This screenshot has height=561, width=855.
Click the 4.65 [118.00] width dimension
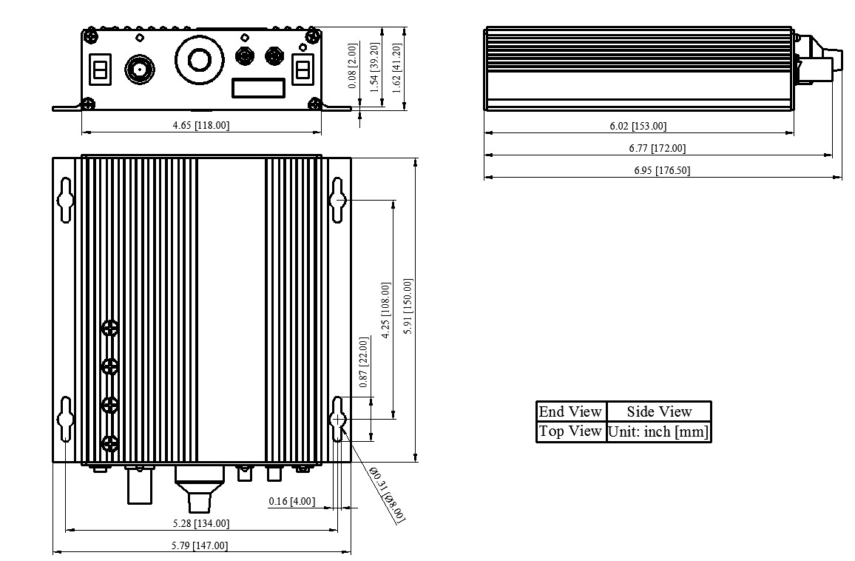pyautogui.click(x=200, y=125)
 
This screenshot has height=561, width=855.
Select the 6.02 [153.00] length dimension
pyautogui.click(x=638, y=126)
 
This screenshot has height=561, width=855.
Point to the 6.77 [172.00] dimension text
pyautogui.click(x=657, y=148)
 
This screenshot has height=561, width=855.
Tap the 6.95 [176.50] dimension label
pyautogui.click(x=662, y=170)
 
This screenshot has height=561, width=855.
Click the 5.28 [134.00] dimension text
pyautogui.click(x=200, y=523)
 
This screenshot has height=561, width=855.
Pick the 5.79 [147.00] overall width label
pyautogui.click(x=200, y=545)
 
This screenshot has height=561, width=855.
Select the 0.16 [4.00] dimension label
pyautogui.click(x=291, y=501)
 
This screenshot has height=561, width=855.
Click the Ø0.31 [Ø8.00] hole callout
pyautogui.click(x=387, y=495)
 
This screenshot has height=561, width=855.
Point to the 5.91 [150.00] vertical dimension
pyautogui.click(x=408, y=306)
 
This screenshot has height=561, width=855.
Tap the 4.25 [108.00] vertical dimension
pyautogui.click(x=385, y=311)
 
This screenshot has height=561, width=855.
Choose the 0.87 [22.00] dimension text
pyautogui.click(x=364, y=363)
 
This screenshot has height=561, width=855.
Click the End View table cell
pyautogui.click(x=570, y=411)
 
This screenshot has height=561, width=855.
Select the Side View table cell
pyautogui.click(x=659, y=411)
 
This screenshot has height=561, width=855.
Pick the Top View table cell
pyautogui.click(x=570, y=431)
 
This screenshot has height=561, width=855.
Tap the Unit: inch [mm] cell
pyautogui.click(x=659, y=431)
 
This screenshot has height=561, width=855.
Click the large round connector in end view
pyautogui.click(x=199, y=59)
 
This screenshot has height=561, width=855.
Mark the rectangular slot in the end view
pyautogui.click(x=259, y=88)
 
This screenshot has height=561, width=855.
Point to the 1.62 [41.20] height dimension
pyautogui.click(x=396, y=68)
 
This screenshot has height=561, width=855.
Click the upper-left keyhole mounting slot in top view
pyautogui.click(x=66, y=200)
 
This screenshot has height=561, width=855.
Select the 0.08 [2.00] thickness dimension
pyautogui.click(x=353, y=65)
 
